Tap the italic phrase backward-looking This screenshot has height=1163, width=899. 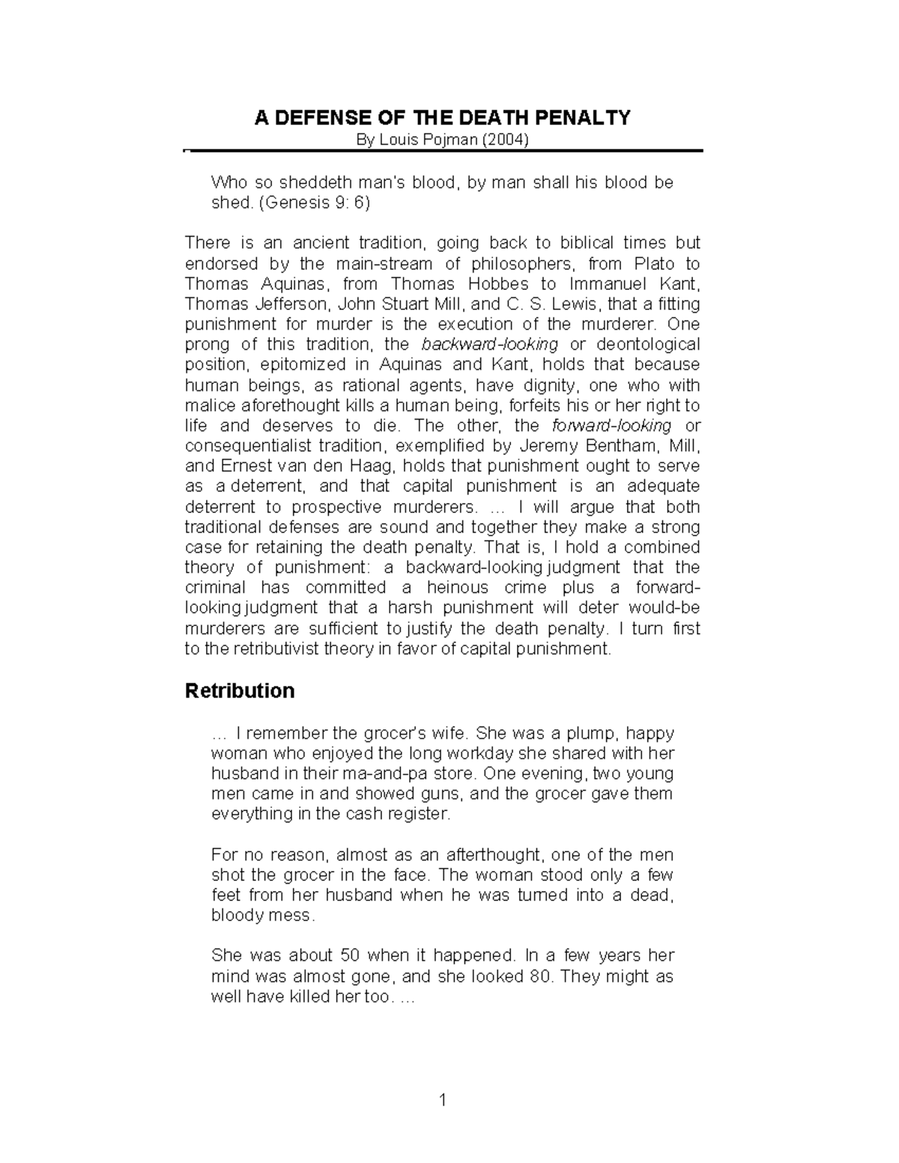click(x=490, y=344)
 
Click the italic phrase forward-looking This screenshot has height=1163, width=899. click(x=611, y=425)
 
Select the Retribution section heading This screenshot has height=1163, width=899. click(x=240, y=690)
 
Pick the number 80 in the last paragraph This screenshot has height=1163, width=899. click(x=539, y=977)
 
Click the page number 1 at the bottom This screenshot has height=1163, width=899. click(x=443, y=1100)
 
